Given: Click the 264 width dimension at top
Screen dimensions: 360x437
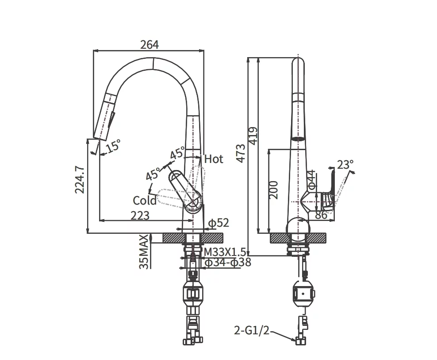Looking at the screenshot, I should [x=149, y=45].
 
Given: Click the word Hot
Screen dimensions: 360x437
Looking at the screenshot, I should [x=214, y=159].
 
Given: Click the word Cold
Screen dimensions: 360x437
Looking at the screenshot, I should [x=145, y=201].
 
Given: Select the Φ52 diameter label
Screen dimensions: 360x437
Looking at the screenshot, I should [x=218, y=224].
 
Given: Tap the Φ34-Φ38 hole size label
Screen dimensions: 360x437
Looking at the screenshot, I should [x=227, y=263].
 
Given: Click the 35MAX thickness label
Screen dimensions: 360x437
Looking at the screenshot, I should [x=144, y=252].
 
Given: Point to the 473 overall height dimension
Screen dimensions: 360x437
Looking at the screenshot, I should [x=241, y=153].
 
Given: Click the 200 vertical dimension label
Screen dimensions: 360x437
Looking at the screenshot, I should [x=273, y=190].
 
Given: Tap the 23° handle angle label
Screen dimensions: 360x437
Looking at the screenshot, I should [x=345, y=165].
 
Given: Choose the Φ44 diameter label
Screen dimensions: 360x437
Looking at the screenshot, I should [x=312, y=180].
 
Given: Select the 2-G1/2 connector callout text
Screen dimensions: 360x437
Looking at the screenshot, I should [x=252, y=330].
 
